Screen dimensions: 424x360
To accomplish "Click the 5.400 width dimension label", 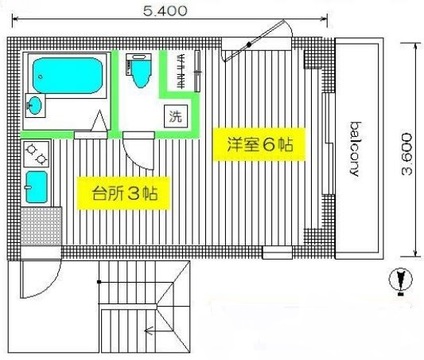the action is [165, 11].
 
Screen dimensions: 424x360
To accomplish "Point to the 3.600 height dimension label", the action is [407, 154].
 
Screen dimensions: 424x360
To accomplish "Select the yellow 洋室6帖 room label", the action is [259, 144].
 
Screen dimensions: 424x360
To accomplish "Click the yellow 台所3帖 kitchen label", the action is [124, 193].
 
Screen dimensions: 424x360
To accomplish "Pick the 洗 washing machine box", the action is [176, 116].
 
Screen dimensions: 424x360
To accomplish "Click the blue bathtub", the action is [67, 75].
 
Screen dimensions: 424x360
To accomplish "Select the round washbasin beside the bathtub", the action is [35, 105].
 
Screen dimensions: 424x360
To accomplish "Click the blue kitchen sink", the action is [36, 187].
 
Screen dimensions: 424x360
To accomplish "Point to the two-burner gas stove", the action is [36, 154].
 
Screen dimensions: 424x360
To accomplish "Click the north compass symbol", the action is [401, 279].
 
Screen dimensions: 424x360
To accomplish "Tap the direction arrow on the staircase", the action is [151, 331].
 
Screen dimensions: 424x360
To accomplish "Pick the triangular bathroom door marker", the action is [99, 121].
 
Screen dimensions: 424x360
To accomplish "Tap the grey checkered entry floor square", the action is [41, 226].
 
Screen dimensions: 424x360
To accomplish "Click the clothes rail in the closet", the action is [198, 71].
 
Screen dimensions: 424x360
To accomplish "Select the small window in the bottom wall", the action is [277, 252].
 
